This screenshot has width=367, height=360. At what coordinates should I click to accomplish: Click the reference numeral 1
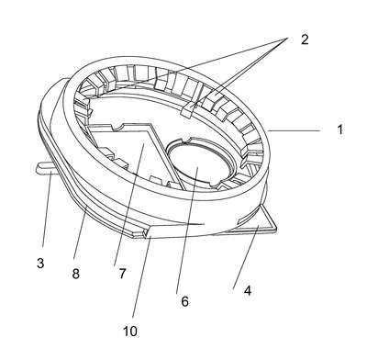coord(340,129)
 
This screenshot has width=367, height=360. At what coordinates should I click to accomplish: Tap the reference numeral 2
coord(305,39)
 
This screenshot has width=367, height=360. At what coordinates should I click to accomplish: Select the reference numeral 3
coord(40,263)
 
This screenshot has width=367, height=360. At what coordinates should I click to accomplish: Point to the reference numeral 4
coord(248,290)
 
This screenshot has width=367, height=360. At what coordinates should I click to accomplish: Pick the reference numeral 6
coord(184,301)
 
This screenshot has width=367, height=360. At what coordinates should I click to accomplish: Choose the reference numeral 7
coord(122,273)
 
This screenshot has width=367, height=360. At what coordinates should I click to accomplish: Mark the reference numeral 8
coord(75,274)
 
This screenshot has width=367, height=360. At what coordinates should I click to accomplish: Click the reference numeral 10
coord(130,331)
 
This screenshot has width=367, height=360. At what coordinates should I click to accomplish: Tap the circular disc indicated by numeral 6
coord(199,163)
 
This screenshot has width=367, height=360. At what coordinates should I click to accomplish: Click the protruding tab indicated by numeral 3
coord(45,168)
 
